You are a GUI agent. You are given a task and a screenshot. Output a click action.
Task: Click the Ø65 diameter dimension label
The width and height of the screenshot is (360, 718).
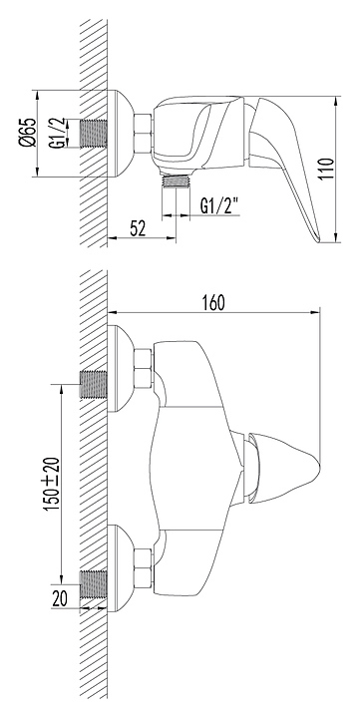(x=28, y=133)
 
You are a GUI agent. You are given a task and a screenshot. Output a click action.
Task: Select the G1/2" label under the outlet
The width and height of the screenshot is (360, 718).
(x=220, y=207)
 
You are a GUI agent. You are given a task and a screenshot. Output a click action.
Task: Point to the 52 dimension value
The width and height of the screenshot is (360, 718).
(x=137, y=227)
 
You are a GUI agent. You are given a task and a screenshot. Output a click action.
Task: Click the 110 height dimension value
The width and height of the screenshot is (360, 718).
(x=326, y=170)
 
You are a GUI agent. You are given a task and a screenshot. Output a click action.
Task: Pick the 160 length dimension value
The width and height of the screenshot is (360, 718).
(x=212, y=303)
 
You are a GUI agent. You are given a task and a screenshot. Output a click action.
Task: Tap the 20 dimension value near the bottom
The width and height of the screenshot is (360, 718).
(x=60, y=598)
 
